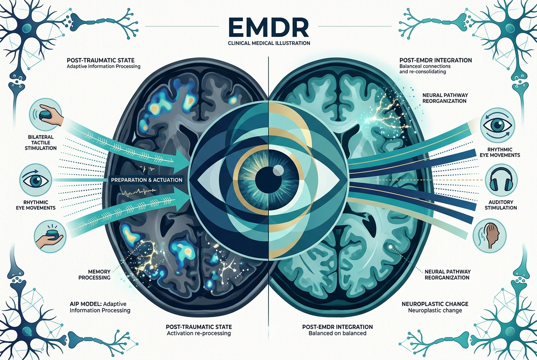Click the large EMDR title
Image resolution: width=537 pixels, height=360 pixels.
point(269,29)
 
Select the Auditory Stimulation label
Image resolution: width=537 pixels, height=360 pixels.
point(500,205)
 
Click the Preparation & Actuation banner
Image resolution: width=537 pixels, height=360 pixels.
point(147,180)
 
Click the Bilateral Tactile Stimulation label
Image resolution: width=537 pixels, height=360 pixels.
point(41,143)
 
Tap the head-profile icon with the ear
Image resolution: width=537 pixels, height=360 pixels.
point(489,236)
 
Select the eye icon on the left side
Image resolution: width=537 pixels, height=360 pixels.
point(36,180)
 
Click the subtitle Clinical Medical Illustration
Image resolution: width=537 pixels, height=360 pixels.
point(269,43)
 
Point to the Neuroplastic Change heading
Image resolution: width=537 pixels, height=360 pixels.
point(435,304)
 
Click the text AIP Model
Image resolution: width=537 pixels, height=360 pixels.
point(85,304)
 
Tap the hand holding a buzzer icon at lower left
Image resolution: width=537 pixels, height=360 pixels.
point(49,236)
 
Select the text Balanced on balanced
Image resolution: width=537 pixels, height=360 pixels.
point(337,333)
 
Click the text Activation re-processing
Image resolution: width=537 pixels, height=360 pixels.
point(199,333)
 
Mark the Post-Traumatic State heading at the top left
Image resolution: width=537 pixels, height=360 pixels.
point(101,60)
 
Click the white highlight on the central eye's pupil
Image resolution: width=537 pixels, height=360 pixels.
point(278,169)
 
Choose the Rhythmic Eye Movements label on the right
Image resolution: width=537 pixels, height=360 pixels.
point(500,152)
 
